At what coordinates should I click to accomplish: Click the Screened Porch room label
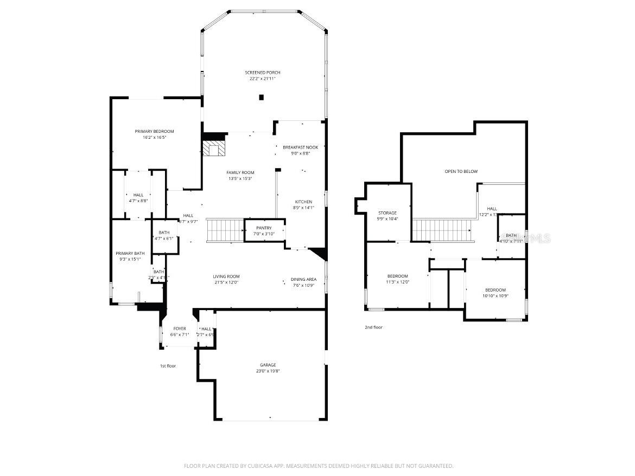pyautogui.click(x=263, y=73)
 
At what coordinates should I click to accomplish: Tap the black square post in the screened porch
pyautogui.click(x=261, y=98)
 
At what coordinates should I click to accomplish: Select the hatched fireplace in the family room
pyautogui.click(x=213, y=149)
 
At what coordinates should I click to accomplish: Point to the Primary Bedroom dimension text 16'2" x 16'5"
pyautogui.click(x=154, y=138)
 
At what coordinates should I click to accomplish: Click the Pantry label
pyautogui.click(x=264, y=228)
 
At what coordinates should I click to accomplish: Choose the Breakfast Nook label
pyautogui.click(x=300, y=147)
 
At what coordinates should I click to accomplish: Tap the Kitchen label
pyautogui.click(x=303, y=202)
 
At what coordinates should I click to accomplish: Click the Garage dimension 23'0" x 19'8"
pyautogui.click(x=268, y=371)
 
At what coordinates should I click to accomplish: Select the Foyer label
pyautogui.click(x=180, y=329)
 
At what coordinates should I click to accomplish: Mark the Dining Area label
pyautogui.click(x=303, y=280)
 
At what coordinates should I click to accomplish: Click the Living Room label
pyautogui.click(x=226, y=276)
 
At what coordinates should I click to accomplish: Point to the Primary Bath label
pyautogui.click(x=130, y=253)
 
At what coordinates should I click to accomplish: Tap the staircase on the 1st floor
pyautogui.click(x=224, y=230)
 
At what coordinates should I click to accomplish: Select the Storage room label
pyautogui.click(x=388, y=213)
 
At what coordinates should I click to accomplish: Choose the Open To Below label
pyautogui.click(x=461, y=172)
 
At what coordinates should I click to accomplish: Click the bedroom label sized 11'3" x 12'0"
pyautogui.click(x=397, y=276)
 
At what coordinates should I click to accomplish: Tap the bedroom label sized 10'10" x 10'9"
pyautogui.click(x=495, y=290)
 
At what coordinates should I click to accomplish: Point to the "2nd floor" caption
pyautogui.click(x=373, y=327)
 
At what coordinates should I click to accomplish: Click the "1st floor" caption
pyautogui.click(x=168, y=366)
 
